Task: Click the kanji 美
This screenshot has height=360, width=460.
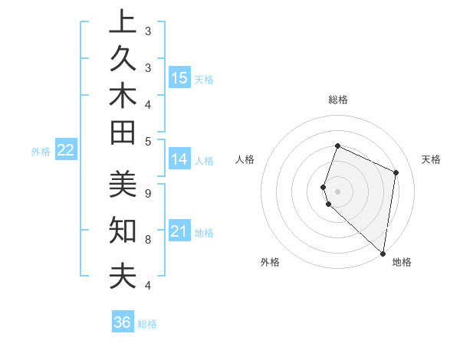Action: pos(123,185)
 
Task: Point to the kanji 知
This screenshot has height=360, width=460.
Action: pos(123,230)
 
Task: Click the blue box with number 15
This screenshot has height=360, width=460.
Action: pos(179,78)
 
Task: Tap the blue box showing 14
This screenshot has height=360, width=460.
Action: pos(179,159)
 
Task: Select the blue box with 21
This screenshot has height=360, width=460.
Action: pos(179,231)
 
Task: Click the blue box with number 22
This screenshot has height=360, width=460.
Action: pos(66,151)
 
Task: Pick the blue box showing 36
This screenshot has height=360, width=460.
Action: pos(123,322)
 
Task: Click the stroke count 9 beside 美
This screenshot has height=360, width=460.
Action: pos(147,194)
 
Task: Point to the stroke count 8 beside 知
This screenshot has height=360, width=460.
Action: pos(147,240)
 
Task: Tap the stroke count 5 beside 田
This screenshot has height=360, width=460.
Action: pos(147,141)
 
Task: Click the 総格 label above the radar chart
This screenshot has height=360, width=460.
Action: pos(338,100)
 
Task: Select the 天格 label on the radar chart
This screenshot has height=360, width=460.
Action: pos(431,159)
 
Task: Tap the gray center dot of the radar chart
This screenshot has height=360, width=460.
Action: pos(338,191)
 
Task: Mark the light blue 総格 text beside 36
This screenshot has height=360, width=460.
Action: pos(147,324)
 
